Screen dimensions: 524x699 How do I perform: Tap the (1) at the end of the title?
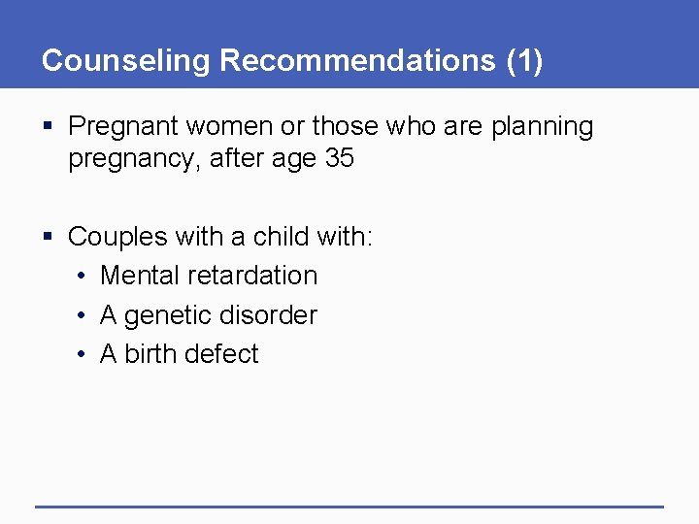pos(524,60)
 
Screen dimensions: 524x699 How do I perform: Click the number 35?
pos(339,158)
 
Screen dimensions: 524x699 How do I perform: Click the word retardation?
pos(253,276)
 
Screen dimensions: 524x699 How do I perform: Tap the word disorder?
pos(276,315)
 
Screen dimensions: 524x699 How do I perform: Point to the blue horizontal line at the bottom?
pos(349,507)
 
